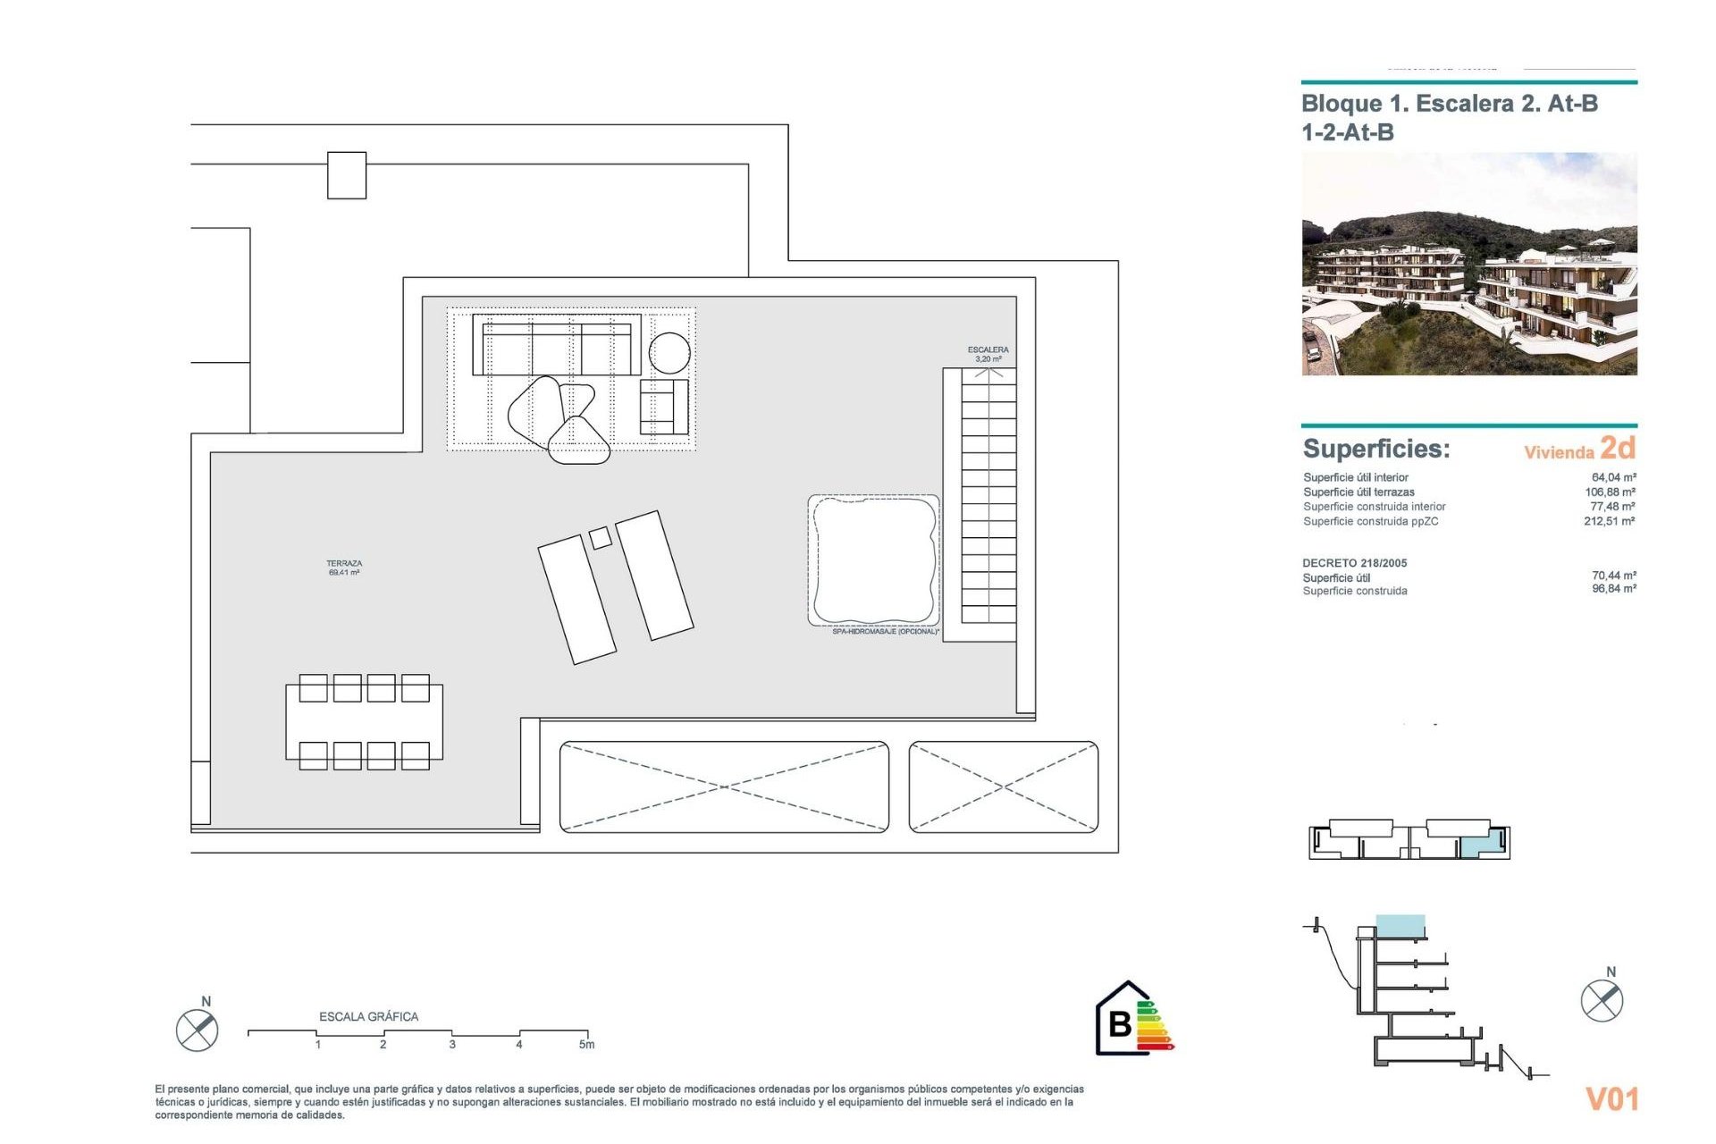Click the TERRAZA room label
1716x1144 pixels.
click(344, 568)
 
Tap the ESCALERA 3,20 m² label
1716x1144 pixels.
click(988, 354)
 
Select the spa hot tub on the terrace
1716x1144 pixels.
click(874, 560)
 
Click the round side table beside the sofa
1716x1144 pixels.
click(669, 352)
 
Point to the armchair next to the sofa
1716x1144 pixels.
click(663, 407)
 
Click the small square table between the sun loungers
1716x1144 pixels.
click(601, 537)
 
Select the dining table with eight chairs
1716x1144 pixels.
click(364, 721)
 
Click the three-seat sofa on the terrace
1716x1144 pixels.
click(556, 347)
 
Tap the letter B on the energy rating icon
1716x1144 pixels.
click(1119, 1023)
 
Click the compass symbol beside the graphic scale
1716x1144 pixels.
click(197, 1030)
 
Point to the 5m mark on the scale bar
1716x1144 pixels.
click(586, 1044)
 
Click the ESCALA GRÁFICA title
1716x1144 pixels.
click(368, 1016)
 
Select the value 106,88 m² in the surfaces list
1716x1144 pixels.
click(1610, 492)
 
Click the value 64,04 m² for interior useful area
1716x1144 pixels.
click(1613, 477)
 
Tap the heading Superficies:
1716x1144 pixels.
click(1376, 449)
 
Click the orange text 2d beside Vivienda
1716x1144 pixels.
click(1618, 447)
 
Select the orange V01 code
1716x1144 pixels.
click(1611, 1098)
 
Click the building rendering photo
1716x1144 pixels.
click(1468, 264)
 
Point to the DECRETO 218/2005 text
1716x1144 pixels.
click(1354, 563)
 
